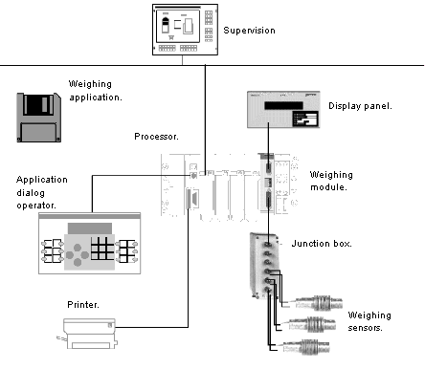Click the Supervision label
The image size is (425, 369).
(249, 31)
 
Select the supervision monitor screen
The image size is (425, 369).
(178, 26)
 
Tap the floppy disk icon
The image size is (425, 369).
(38, 118)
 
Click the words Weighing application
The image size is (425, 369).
(96, 91)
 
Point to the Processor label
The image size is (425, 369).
(156, 137)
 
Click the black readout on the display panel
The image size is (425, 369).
(283, 105)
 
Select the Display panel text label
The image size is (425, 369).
(360, 106)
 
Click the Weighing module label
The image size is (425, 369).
(331, 181)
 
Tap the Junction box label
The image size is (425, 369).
(322, 244)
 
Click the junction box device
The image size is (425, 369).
(264, 266)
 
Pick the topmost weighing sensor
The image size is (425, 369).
(319, 303)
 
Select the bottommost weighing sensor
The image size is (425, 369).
(306, 347)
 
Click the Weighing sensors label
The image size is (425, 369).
(369, 321)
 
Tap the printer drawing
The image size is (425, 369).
(87, 334)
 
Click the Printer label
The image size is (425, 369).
(83, 305)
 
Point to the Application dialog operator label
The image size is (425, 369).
(42, 192)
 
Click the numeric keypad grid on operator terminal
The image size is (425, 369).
(102, 249)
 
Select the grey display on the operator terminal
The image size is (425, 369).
(90, 228)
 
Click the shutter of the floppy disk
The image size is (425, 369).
(38, 104)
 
